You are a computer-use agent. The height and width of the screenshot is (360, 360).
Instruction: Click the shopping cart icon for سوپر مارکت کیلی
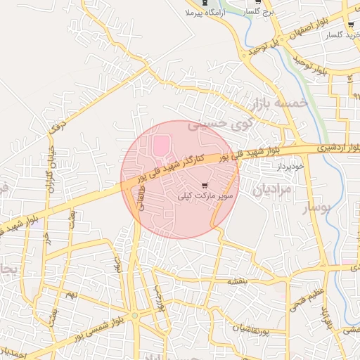coord(205,186)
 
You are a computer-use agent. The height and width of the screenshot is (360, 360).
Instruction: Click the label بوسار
coord(316,209)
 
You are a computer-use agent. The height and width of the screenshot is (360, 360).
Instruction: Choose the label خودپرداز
coord(288,167)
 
